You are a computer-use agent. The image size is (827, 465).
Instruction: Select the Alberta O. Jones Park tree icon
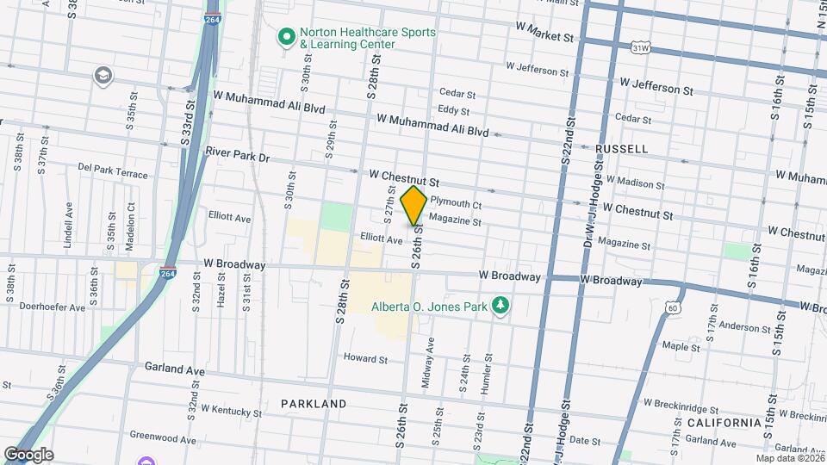click(x=500, y=306)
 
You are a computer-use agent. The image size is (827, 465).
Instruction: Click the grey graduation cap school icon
click(x=104, y=77)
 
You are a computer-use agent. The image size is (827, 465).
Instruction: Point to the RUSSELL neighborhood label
click(x=621, y=149)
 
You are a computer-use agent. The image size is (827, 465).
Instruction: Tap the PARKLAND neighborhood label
click(x=314, y=403)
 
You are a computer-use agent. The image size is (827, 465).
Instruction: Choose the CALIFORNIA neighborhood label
click(x=724, y=422)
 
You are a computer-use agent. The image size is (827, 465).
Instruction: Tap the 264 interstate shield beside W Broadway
click(x=169, y=273)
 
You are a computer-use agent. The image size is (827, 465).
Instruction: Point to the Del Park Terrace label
click(x=113, y=170)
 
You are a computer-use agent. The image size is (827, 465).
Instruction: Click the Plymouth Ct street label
click(x=455, y=203)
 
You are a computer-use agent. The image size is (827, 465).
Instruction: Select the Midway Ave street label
click(x=428, y=362)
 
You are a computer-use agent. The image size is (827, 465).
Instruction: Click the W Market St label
click(x=544, y=37)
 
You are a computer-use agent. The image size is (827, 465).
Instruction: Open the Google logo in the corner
click(x=28, y=454)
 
